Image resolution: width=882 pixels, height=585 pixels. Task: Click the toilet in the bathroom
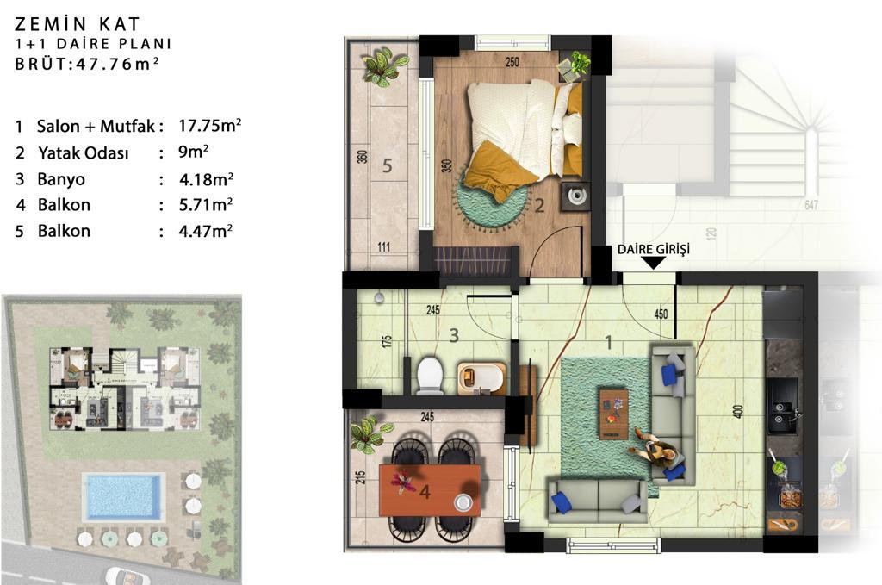431,375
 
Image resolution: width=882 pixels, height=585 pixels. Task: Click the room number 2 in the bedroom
539,206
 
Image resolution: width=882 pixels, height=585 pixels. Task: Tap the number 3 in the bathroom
454,336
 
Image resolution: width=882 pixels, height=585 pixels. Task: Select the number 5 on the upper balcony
387,165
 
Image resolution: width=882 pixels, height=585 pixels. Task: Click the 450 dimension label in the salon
661,314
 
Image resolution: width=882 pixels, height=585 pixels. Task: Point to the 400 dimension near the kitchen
738,411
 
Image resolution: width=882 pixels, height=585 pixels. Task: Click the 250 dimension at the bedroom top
512,62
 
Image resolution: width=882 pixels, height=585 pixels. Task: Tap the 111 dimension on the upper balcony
384,246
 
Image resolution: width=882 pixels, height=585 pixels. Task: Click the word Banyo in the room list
61,179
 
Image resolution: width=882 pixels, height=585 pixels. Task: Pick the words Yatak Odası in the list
84,153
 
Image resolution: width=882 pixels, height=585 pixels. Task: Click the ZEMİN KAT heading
77,23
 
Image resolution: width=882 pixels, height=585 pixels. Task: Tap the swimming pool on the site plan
121,496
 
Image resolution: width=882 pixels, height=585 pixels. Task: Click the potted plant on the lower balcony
369,434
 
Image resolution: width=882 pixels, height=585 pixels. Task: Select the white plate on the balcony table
463,501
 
